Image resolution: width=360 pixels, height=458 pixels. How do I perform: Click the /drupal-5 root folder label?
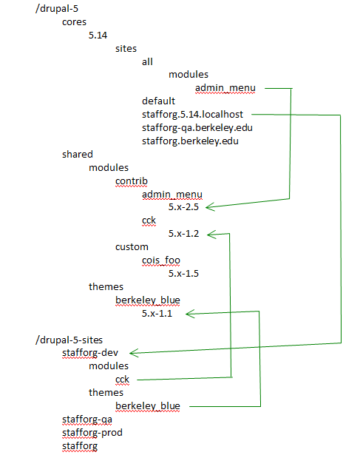57,8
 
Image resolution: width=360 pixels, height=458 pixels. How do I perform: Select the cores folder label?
74,22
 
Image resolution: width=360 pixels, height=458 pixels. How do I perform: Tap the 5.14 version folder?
98,36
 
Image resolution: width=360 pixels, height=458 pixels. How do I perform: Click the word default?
158,101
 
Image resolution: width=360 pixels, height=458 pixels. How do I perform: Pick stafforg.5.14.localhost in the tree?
192,114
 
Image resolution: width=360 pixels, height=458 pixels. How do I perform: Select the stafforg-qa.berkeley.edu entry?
197,128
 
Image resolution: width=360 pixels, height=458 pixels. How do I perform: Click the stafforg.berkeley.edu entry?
190,141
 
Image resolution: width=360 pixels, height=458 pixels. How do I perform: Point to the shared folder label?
78,154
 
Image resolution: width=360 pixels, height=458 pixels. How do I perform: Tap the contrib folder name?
132,181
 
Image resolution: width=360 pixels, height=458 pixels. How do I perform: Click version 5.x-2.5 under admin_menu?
183,207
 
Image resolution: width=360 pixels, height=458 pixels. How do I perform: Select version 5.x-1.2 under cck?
183,234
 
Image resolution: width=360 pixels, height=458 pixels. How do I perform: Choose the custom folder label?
132,247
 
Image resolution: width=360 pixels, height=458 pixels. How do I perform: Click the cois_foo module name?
161,260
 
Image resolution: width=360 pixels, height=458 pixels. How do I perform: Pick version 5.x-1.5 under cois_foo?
183,274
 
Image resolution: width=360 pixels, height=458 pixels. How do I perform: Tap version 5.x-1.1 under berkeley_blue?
157,314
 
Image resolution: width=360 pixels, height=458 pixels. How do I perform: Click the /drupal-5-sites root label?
69,340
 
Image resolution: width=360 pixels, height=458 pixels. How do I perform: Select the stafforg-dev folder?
90,353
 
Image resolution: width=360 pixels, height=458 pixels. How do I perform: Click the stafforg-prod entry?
92,433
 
